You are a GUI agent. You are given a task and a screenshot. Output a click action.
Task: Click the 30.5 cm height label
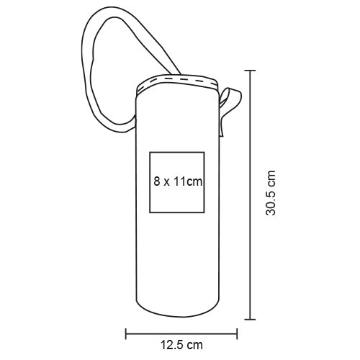coord(271,193)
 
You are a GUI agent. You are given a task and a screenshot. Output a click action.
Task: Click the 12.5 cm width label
coord(181,345)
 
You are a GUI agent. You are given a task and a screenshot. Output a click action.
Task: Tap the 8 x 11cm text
coord(178,181)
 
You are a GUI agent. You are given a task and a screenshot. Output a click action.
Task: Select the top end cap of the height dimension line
coord(250,71)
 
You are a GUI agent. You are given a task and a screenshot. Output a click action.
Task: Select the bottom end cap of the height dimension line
coord(250,319)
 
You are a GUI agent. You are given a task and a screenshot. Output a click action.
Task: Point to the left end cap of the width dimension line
coord(126,333)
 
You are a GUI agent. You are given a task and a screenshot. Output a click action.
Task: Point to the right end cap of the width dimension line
coord(237,333)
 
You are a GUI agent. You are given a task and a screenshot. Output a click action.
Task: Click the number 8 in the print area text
coord(157,181)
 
